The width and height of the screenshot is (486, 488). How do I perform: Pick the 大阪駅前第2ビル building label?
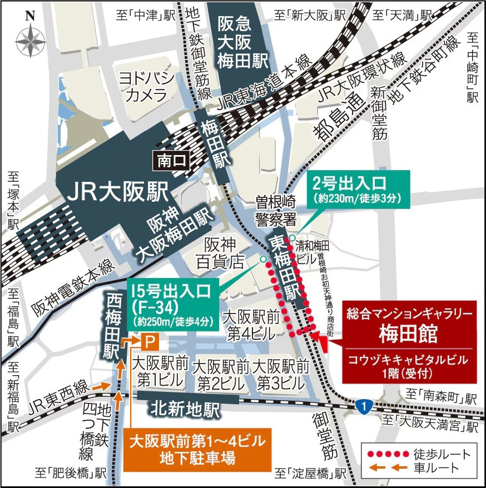click(221, 375)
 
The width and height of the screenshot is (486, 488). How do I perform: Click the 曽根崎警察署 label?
click(275, 210)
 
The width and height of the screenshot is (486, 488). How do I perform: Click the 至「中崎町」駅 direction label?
click(473, 67)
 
